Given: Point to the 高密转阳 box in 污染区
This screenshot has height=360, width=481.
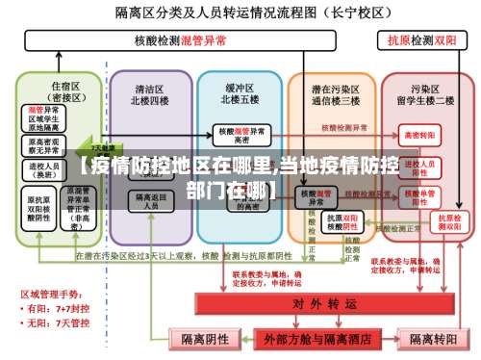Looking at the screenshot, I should (x=419, y=134).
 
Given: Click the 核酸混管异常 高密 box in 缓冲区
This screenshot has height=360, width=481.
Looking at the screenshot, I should (x=240, y=134).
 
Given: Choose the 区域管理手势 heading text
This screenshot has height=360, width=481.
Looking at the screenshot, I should (x=51, y=294).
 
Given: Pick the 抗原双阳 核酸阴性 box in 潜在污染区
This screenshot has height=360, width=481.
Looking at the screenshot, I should (x=343, y=220).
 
